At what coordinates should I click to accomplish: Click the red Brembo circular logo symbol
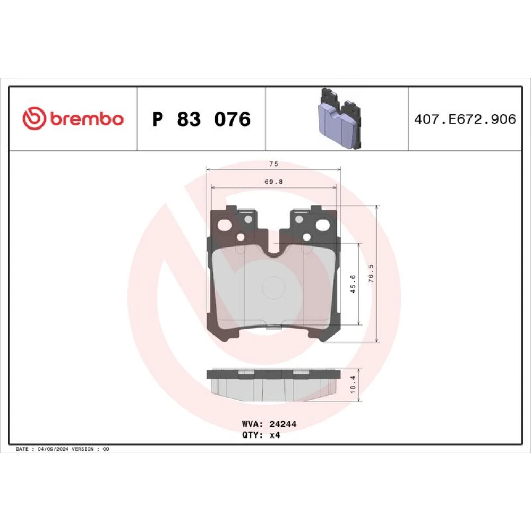pos(34,118)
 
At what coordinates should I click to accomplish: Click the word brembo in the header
pos(87,118)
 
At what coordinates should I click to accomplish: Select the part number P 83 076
pos(201,119)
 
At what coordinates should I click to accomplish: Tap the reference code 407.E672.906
pos(465,119)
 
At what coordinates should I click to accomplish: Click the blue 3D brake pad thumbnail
pos(340,118)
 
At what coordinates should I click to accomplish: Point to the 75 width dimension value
pos(273,164)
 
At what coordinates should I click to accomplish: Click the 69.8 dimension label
pos(273,182)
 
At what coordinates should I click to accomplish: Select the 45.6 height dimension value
pos(353,284)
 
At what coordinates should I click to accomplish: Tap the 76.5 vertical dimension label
pos(371,273)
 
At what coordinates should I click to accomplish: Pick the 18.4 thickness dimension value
pos(353,384)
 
